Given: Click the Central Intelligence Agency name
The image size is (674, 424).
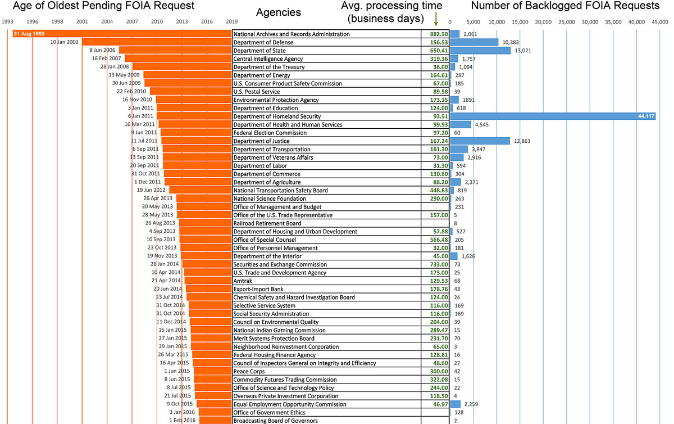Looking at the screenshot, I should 268,59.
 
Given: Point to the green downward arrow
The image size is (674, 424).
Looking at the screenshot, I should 436,22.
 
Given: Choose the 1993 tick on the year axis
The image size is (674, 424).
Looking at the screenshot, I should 8,21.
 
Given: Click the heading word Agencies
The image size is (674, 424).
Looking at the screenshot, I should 278,12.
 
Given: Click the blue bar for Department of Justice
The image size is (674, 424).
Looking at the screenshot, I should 480,141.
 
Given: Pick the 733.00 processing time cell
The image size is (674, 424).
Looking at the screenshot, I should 436,265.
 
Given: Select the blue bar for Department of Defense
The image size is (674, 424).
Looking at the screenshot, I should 474,42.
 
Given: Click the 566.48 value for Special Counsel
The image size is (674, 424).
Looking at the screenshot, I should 436,240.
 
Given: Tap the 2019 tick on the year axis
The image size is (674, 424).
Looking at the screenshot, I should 231,21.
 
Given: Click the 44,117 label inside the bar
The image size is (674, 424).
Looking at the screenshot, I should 645,116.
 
